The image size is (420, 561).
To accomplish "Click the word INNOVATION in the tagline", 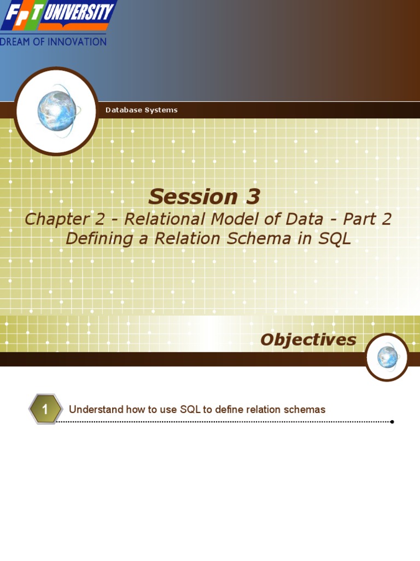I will click(78, 42).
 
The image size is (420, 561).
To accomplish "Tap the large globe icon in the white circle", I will click(56, 111).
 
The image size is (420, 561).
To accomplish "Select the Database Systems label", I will click(141, 110).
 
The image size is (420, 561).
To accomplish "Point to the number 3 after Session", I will click(249, 197).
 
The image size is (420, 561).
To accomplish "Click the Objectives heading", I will click(308, 340).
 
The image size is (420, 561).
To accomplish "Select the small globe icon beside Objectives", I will click(387, 357).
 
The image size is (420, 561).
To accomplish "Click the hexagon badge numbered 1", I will click(45, 409).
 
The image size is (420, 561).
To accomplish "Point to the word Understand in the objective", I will click(96, 410).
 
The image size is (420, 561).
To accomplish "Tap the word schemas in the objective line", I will click(306, 410).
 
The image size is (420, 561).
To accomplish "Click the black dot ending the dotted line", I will click(392, 422).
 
